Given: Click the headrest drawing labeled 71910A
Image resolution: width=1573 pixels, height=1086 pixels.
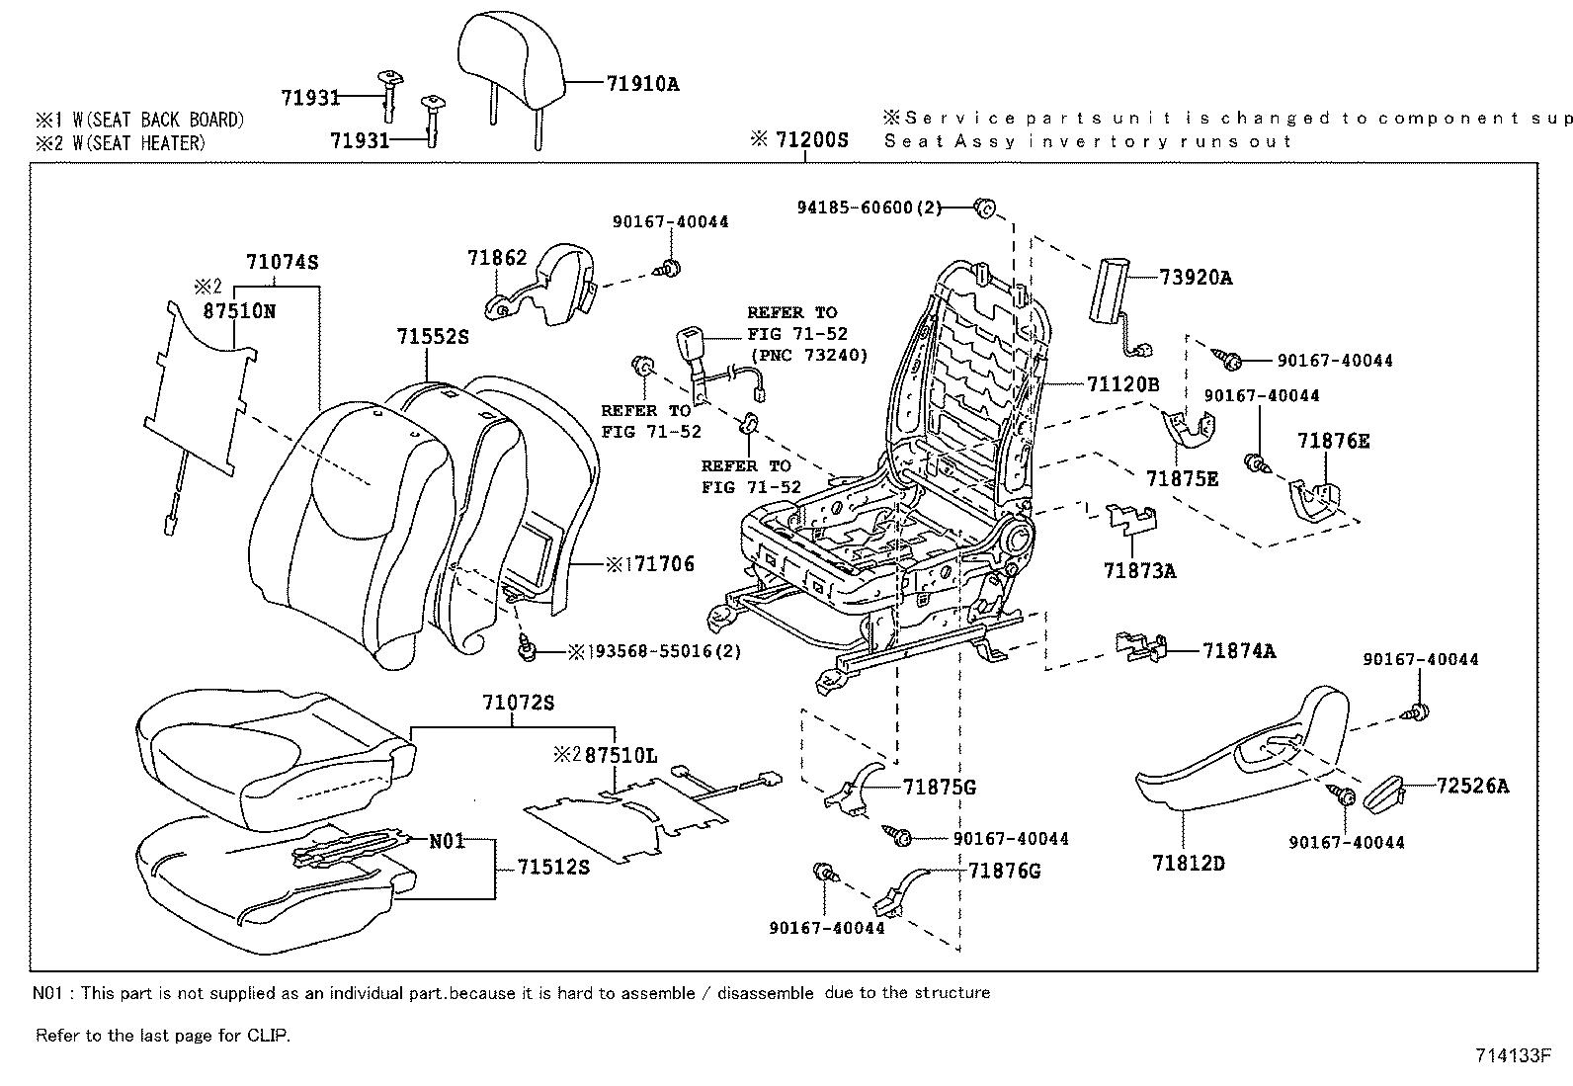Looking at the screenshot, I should pyautogui.click(x=513, y=59).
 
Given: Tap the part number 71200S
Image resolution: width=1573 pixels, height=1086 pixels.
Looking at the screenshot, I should pyautogui.click(x=810, y=139).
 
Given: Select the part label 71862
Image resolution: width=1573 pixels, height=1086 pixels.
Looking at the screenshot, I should pyautogui.click(x=497, y=258).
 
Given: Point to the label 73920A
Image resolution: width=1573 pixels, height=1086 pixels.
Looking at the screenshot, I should pyautogui.click(x=1196, y=278).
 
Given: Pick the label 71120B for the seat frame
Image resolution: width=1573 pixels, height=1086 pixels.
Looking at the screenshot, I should pyautogui.click(x=1122, y=383).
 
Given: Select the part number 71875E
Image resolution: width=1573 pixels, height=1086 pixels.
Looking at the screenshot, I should pyautogui.click(x=1182, y=479).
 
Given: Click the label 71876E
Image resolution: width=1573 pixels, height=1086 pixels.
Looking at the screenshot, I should pyautogui.click(x=1333, y=441).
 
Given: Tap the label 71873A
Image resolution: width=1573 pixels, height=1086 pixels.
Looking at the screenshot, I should pyautogui.click(x=1139, y=570).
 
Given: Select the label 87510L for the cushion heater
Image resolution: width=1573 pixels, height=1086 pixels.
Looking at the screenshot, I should pyautogui.click(x=620, y=755).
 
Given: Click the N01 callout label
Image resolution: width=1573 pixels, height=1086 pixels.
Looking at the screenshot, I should pyautogui.click(x=447, y=841).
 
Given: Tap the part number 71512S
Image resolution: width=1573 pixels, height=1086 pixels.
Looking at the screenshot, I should pyautogui.click(x=553, y=867).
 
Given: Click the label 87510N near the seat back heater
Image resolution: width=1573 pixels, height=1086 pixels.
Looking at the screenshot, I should pyautogui.click(x=239, y=310).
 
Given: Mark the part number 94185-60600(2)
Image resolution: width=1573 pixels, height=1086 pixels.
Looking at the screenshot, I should pyautogui.click(x=869, y=208).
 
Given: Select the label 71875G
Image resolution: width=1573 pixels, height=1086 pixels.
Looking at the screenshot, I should pyautogui.click(x=939, y=787).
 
